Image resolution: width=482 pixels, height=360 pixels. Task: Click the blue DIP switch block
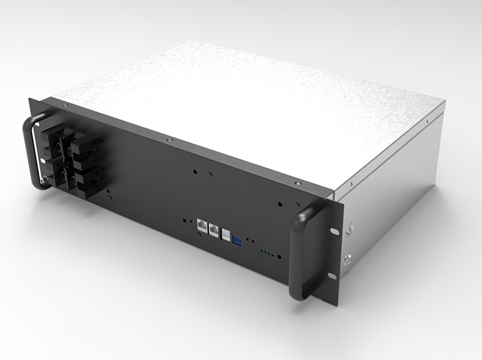[236, 238]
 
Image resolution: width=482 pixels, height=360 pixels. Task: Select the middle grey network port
[213, 229]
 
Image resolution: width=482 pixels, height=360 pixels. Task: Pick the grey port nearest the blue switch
[225, 233]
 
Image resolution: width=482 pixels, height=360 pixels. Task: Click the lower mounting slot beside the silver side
[331, 275]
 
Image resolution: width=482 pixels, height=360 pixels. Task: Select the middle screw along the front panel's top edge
[169, 140]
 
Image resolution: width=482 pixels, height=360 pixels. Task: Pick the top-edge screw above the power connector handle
[64, 106]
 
